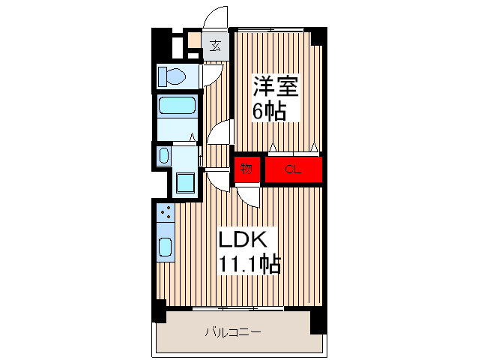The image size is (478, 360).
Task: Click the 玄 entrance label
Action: click(x=215, y=45)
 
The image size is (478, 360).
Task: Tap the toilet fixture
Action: click(x=173, y=76)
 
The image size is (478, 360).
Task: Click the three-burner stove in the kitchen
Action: click(x=166, y=213)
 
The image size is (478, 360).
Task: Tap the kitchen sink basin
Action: click(x=166, y=246)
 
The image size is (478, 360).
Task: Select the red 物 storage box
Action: click(x=247, y=168)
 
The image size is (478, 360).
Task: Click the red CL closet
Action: click(x=292, y=169)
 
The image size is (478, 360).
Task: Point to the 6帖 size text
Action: click(x=267, y=112)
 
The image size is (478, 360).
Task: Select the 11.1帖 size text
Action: click(x=249, y=264)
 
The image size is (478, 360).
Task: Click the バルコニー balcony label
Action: click(x=233, y=331)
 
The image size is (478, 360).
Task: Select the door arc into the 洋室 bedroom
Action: click(x=220, y=133)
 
